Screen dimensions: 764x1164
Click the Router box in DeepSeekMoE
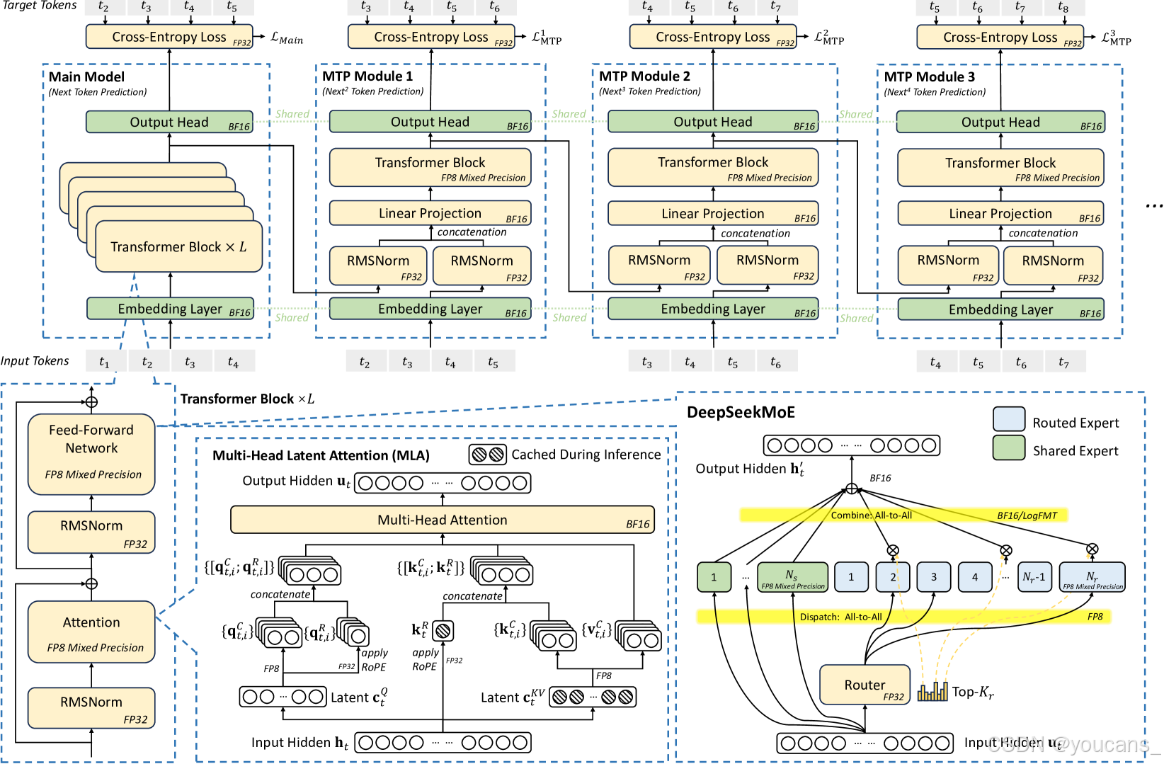pyautogui.click(x=865, y=685)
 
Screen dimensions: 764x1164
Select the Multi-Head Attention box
pyautogui.click(x=442, y=520)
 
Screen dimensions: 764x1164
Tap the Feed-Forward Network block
pyautogui.click(x=91, y=453)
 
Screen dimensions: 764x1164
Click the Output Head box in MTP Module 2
pyautogui.click(x=712, y=122)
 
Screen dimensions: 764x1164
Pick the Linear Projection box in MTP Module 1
pyautogui.click(x=430, y=214)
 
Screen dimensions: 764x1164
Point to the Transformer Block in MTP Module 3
pyautogui.click(x=1000, y=168)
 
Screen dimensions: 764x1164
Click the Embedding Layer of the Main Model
pyautogui.click(x=170, y=309)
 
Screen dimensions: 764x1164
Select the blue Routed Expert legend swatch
pyautogui.click(x=1008, y=419)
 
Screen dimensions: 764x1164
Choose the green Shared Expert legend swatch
pyautogui.click(x=1008, y=447)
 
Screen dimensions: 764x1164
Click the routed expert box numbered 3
pyautogui.click(x=933, y=577)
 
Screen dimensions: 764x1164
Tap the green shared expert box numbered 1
pyautogui.click(x=714, y=577)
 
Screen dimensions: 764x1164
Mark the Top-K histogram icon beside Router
pyautogui.click(x=932, y=691)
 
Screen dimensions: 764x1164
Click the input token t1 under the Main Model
pyautogui.click(x=105, y=362)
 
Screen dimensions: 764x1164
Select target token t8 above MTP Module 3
pyautogui.click(x=1063, y=7)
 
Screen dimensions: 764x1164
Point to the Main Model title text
pyautogui.click(x=86, y=76)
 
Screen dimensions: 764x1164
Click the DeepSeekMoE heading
pyautogui.click(x=741, y=412)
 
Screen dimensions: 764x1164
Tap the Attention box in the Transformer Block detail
pyautogui.click(x=91, y=632)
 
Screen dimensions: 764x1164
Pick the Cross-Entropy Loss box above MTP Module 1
pyautogui.click(x=431, y=37)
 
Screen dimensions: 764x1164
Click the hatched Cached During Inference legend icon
pyautogui.click(x=488, y=455)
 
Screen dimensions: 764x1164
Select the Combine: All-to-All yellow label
pyautogui.click(x=871, y=515)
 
